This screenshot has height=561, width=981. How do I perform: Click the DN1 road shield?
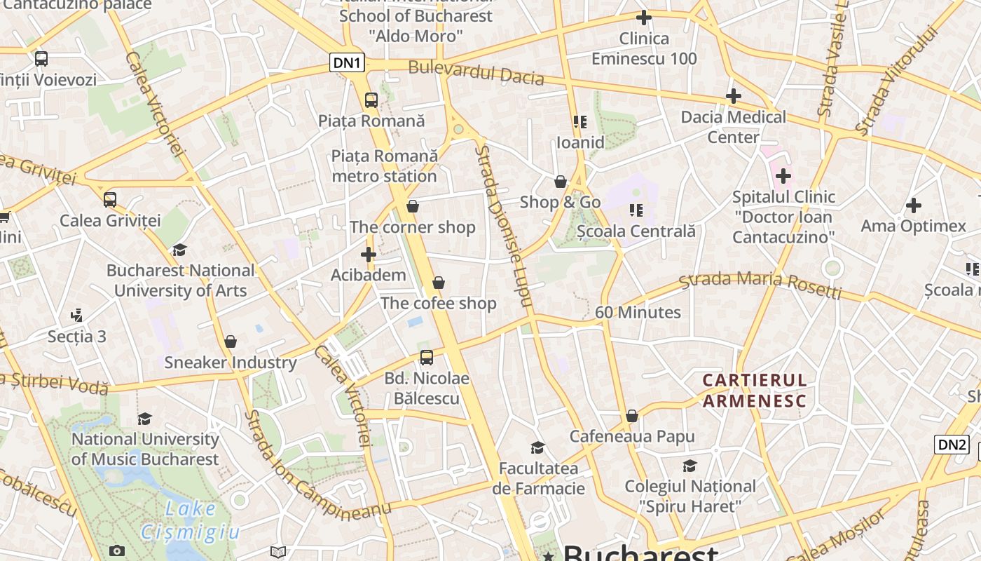coord(348,63)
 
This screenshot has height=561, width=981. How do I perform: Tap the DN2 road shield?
coord(952,444)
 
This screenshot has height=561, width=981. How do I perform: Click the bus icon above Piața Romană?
coord(371,100)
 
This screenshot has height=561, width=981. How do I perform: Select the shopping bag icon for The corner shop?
coord(413,206)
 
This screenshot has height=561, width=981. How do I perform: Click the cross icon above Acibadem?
coord(369,254)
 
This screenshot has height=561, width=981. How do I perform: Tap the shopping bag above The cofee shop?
coord(439,283)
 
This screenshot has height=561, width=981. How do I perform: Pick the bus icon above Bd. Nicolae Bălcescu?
coord(427,358)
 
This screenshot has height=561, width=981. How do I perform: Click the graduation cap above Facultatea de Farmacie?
coord(537,447)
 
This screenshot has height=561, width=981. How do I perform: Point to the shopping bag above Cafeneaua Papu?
coord(632,416)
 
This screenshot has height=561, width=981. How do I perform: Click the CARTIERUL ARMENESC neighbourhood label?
coord(755,391)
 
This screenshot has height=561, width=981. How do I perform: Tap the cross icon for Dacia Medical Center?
coord(734,95)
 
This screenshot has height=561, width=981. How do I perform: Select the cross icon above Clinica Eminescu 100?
coord(644,18)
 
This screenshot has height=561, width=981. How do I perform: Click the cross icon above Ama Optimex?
coord(913,205)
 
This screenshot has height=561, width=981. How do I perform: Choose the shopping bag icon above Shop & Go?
coord(561,182)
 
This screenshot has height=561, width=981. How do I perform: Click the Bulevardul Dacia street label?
coord(476,72)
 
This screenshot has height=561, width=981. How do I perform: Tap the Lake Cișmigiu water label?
coord(190,520)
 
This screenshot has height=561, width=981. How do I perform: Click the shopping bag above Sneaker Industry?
coord(231,342)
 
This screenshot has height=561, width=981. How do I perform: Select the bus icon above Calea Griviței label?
coord(110,199)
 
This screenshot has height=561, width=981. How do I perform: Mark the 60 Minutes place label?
coord(638,312)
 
